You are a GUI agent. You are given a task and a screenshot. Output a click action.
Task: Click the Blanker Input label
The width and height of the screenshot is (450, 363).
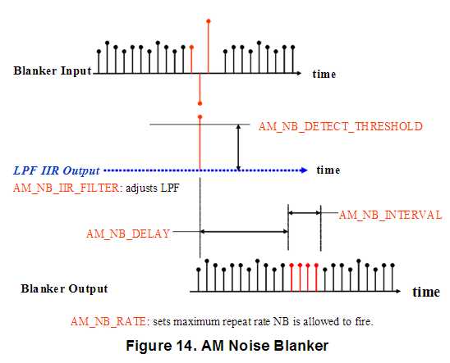tap(53, 70)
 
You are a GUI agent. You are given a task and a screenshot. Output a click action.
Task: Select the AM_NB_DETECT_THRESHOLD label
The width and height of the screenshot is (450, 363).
tap(340, 126)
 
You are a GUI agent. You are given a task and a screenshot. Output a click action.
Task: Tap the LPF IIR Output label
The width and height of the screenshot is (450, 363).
tap(56, 171)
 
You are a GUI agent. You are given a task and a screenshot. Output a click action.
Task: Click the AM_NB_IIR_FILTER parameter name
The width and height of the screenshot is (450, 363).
tap(66, 188)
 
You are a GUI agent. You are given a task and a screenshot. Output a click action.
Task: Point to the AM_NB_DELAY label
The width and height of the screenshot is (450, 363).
tap(128, 234)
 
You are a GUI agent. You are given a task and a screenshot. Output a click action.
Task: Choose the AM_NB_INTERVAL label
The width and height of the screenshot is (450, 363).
tap(390, 215)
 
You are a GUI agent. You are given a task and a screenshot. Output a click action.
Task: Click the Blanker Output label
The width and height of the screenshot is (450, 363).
tap(64, 288)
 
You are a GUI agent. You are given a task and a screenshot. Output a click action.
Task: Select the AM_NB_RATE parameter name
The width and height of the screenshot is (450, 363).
tap(108, 321)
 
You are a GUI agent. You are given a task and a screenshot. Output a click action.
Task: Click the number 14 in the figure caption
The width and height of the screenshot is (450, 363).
tap(185, 346)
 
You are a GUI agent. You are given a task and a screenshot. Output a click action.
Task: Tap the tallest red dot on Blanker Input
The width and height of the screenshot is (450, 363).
tap(209, 21)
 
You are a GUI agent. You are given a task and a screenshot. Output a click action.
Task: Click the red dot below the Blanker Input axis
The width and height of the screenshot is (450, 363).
tap(200, 103)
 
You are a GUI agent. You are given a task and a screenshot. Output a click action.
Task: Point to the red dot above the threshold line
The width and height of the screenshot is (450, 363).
tap(200, 117)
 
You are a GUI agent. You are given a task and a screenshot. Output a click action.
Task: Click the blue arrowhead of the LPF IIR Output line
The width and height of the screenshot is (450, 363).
tap(304, 170)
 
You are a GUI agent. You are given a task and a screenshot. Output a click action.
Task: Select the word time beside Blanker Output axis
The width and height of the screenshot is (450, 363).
tap(426, 292)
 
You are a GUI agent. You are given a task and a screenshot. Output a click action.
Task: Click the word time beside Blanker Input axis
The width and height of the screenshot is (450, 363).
tap(324, 74)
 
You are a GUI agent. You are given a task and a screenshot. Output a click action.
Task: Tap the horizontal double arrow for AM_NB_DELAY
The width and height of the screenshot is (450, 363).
tap(244, 231)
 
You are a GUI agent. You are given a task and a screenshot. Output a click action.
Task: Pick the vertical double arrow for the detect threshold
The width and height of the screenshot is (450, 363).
tap(238, 147)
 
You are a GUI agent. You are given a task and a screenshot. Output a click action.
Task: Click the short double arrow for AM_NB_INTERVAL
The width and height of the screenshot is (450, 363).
tap(305, 213)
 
